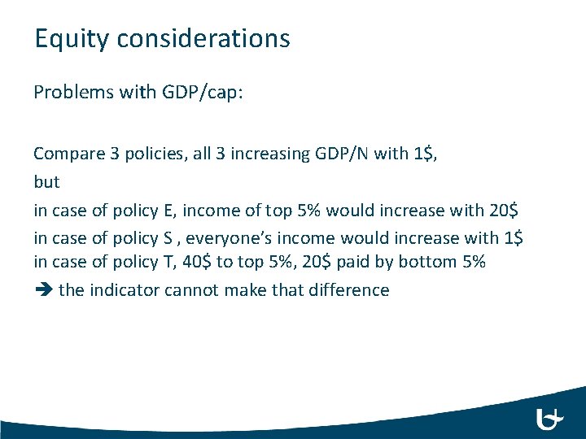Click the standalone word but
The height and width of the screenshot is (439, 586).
[x=46, y=181]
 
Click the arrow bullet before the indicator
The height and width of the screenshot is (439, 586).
[x=42, y=290]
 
